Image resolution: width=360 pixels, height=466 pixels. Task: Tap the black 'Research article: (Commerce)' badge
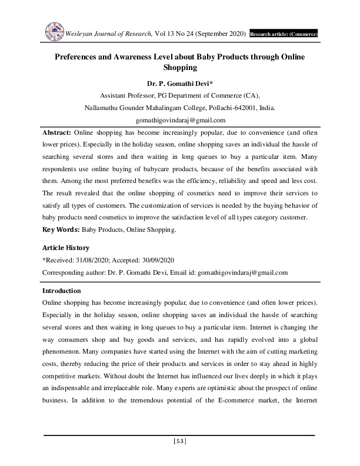pos(284,35)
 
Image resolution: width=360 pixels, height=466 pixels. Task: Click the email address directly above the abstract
pos(179,120)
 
